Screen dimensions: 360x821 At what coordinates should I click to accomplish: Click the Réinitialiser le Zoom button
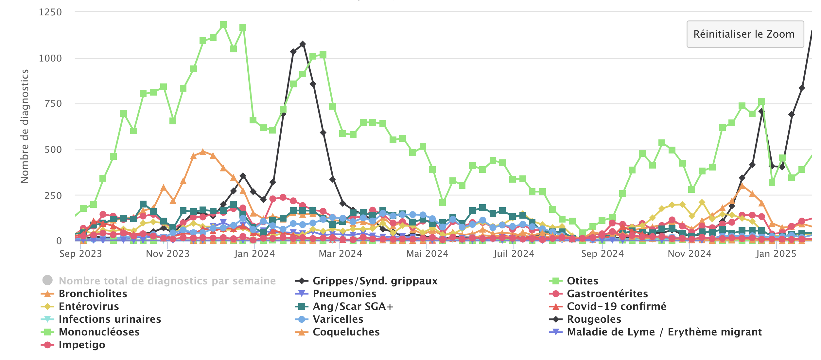point(745,34)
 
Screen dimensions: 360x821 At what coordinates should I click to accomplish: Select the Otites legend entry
point(582,281)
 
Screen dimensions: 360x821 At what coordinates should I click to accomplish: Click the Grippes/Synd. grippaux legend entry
point(375,281)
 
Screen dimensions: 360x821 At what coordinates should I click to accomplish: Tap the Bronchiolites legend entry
point(93,294)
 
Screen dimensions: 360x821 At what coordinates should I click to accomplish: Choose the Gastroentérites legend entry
point(607,294)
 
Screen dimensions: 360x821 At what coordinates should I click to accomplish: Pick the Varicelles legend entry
point(338,319)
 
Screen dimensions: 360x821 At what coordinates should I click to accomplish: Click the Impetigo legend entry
point(82,345)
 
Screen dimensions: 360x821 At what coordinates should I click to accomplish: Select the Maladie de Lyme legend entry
point(664,332)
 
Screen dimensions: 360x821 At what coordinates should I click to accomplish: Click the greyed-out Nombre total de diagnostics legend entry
point(167,281)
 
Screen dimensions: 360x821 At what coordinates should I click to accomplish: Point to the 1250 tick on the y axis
point(50,12)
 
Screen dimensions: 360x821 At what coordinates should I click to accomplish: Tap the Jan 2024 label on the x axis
point(254,254)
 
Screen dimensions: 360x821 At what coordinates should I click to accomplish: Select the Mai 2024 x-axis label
point(427,254)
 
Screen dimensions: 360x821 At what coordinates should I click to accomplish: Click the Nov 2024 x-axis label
point(690,254)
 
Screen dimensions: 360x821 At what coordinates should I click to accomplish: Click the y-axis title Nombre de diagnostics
point(25,126)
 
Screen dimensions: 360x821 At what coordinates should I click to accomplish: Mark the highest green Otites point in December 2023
point(223,25)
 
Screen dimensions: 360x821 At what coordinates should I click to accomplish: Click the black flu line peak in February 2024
point(303,44)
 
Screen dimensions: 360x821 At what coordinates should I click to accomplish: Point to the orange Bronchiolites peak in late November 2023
point(203,152)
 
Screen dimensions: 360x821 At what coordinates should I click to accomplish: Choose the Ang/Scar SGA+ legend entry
point(353,306)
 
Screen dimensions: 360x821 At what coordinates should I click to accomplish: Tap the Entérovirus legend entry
point(89,306)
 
